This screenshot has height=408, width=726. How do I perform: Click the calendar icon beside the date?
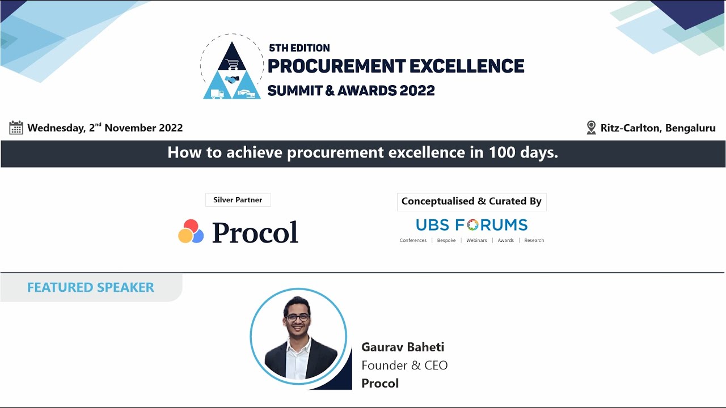[x=16, y=127]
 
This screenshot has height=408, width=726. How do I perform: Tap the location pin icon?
[x=591, y=127]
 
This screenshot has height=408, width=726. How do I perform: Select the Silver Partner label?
[x=238, y=200]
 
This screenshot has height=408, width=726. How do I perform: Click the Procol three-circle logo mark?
[x=191, y=232]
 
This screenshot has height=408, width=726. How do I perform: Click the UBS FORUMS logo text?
[x=471, y=225]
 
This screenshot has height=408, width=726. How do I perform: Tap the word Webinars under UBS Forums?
[x=476, y=240]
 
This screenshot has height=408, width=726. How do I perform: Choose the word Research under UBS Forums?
[x=534, y=240]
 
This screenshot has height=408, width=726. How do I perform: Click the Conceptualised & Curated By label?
[x=471, y=201]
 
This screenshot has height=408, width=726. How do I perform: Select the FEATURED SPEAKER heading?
[x=91, y=287]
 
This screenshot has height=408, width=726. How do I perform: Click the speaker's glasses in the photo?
[x=297, y=317]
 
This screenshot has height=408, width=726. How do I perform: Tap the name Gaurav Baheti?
[x=403, y=347]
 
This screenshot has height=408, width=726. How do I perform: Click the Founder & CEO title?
[x=404, y=365]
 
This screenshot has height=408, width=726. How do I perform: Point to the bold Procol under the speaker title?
[x=380, y=384]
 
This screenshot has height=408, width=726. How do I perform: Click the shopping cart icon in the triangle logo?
[x=231, y=63]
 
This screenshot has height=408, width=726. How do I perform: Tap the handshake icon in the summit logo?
[x=231, y=79]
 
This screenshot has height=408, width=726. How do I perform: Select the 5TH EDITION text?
[x=299, y=48]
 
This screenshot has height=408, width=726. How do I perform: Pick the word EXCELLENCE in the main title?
[x=467, y=66]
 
